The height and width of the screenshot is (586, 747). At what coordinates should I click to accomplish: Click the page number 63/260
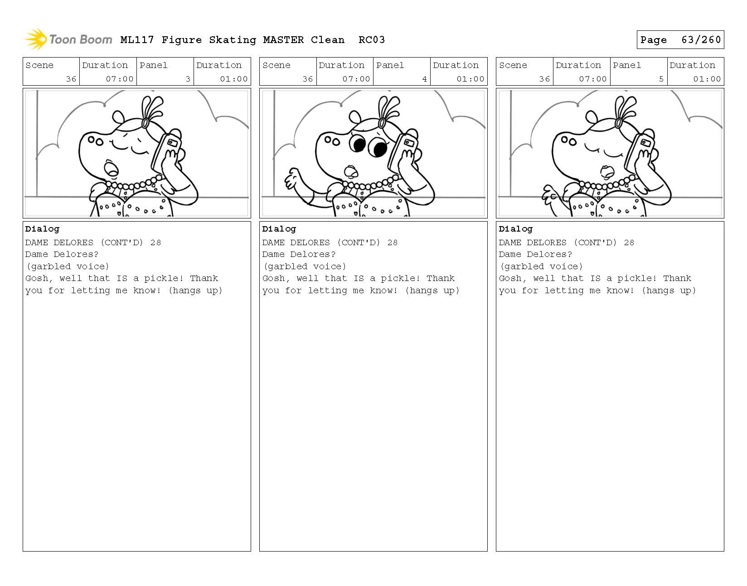point(701,40)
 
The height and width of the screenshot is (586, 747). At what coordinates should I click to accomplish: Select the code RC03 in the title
point(372,40)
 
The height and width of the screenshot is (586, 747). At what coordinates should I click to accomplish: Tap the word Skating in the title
point(233,40)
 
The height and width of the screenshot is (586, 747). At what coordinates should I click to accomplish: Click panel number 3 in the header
point(188,79)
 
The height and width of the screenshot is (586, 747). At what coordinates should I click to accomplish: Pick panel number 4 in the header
point(425,79)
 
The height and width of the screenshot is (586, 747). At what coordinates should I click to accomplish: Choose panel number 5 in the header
point(661,79)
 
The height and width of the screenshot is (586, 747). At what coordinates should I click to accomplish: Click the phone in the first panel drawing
point(167,152)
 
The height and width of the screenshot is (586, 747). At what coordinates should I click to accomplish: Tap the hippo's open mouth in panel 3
point(111,168)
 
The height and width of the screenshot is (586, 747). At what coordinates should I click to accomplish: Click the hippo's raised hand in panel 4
point(292,179)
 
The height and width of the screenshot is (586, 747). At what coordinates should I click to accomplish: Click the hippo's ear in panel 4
point(355,117)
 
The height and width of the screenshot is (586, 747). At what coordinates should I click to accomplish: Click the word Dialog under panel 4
point(279,229)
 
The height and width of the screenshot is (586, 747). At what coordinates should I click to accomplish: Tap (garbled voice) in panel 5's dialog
point(541,266)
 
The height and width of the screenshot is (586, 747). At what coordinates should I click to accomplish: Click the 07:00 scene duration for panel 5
point(592,79)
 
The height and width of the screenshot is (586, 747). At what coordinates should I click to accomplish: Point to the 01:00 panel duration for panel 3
point(234,79)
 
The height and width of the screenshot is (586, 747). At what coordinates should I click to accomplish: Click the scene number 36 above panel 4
point(308,79)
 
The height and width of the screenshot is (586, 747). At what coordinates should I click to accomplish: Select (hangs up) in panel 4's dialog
point(432,291)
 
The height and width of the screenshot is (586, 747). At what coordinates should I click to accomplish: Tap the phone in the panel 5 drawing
point(640,152)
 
